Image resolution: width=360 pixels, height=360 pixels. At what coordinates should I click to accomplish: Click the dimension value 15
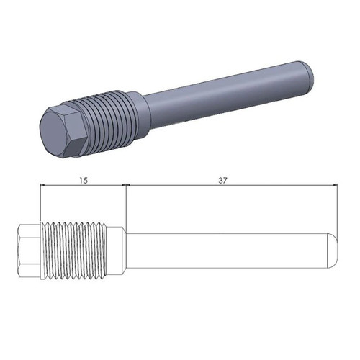pyautogui.click(x=84, y=180)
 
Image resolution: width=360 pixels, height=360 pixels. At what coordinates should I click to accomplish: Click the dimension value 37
pyautogui.click(x=222, y=180)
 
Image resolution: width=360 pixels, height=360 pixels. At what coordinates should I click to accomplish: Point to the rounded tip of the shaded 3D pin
pyautogui.click(x=308, y=73)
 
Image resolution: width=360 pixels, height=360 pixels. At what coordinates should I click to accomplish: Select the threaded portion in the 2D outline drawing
pyautogui.click(x=73, y=251)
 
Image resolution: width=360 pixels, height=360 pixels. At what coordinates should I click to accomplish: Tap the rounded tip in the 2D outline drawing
pyautogui.click(x=332, y=251)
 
